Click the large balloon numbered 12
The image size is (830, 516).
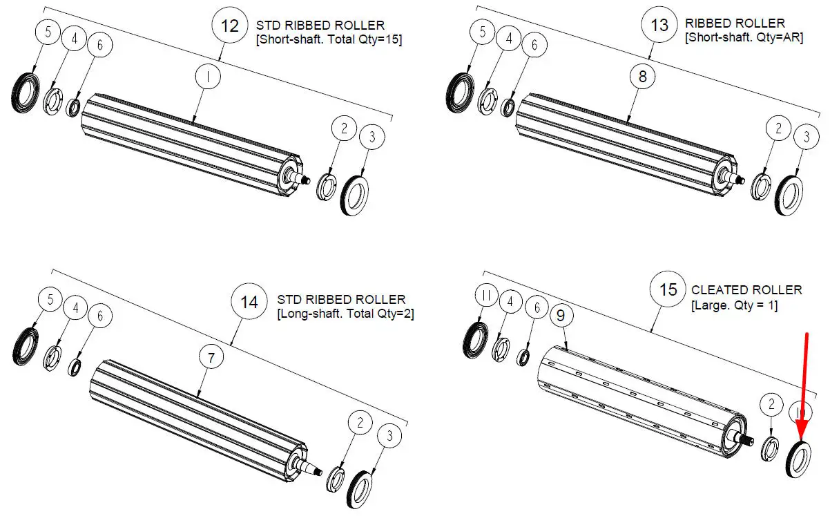pyautogui.click(x=229, y=27)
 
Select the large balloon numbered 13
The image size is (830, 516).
pyautogui.click(x=659, y=26)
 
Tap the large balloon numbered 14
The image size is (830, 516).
pyautogui.click(x=249, y=302)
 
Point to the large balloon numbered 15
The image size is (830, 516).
pyautogui.click(x=668, y=289)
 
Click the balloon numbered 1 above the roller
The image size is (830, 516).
pyautogui.click(x=207, y=77)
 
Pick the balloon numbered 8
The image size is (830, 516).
pyautogui.click(x=642, y=77)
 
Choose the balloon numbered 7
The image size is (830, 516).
pyautogui.click(x=211, y=358)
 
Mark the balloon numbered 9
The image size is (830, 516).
pyautogui.click(x=560, y=316)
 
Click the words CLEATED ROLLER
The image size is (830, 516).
pyautogui.click(x=746, y=290)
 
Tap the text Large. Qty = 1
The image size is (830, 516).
pyautogui.click(x=734, y=305)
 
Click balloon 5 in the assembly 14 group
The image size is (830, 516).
pyautogui.click(x=50, y=300)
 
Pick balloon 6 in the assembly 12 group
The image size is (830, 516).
pyautogui.click(x=100, y=46)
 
